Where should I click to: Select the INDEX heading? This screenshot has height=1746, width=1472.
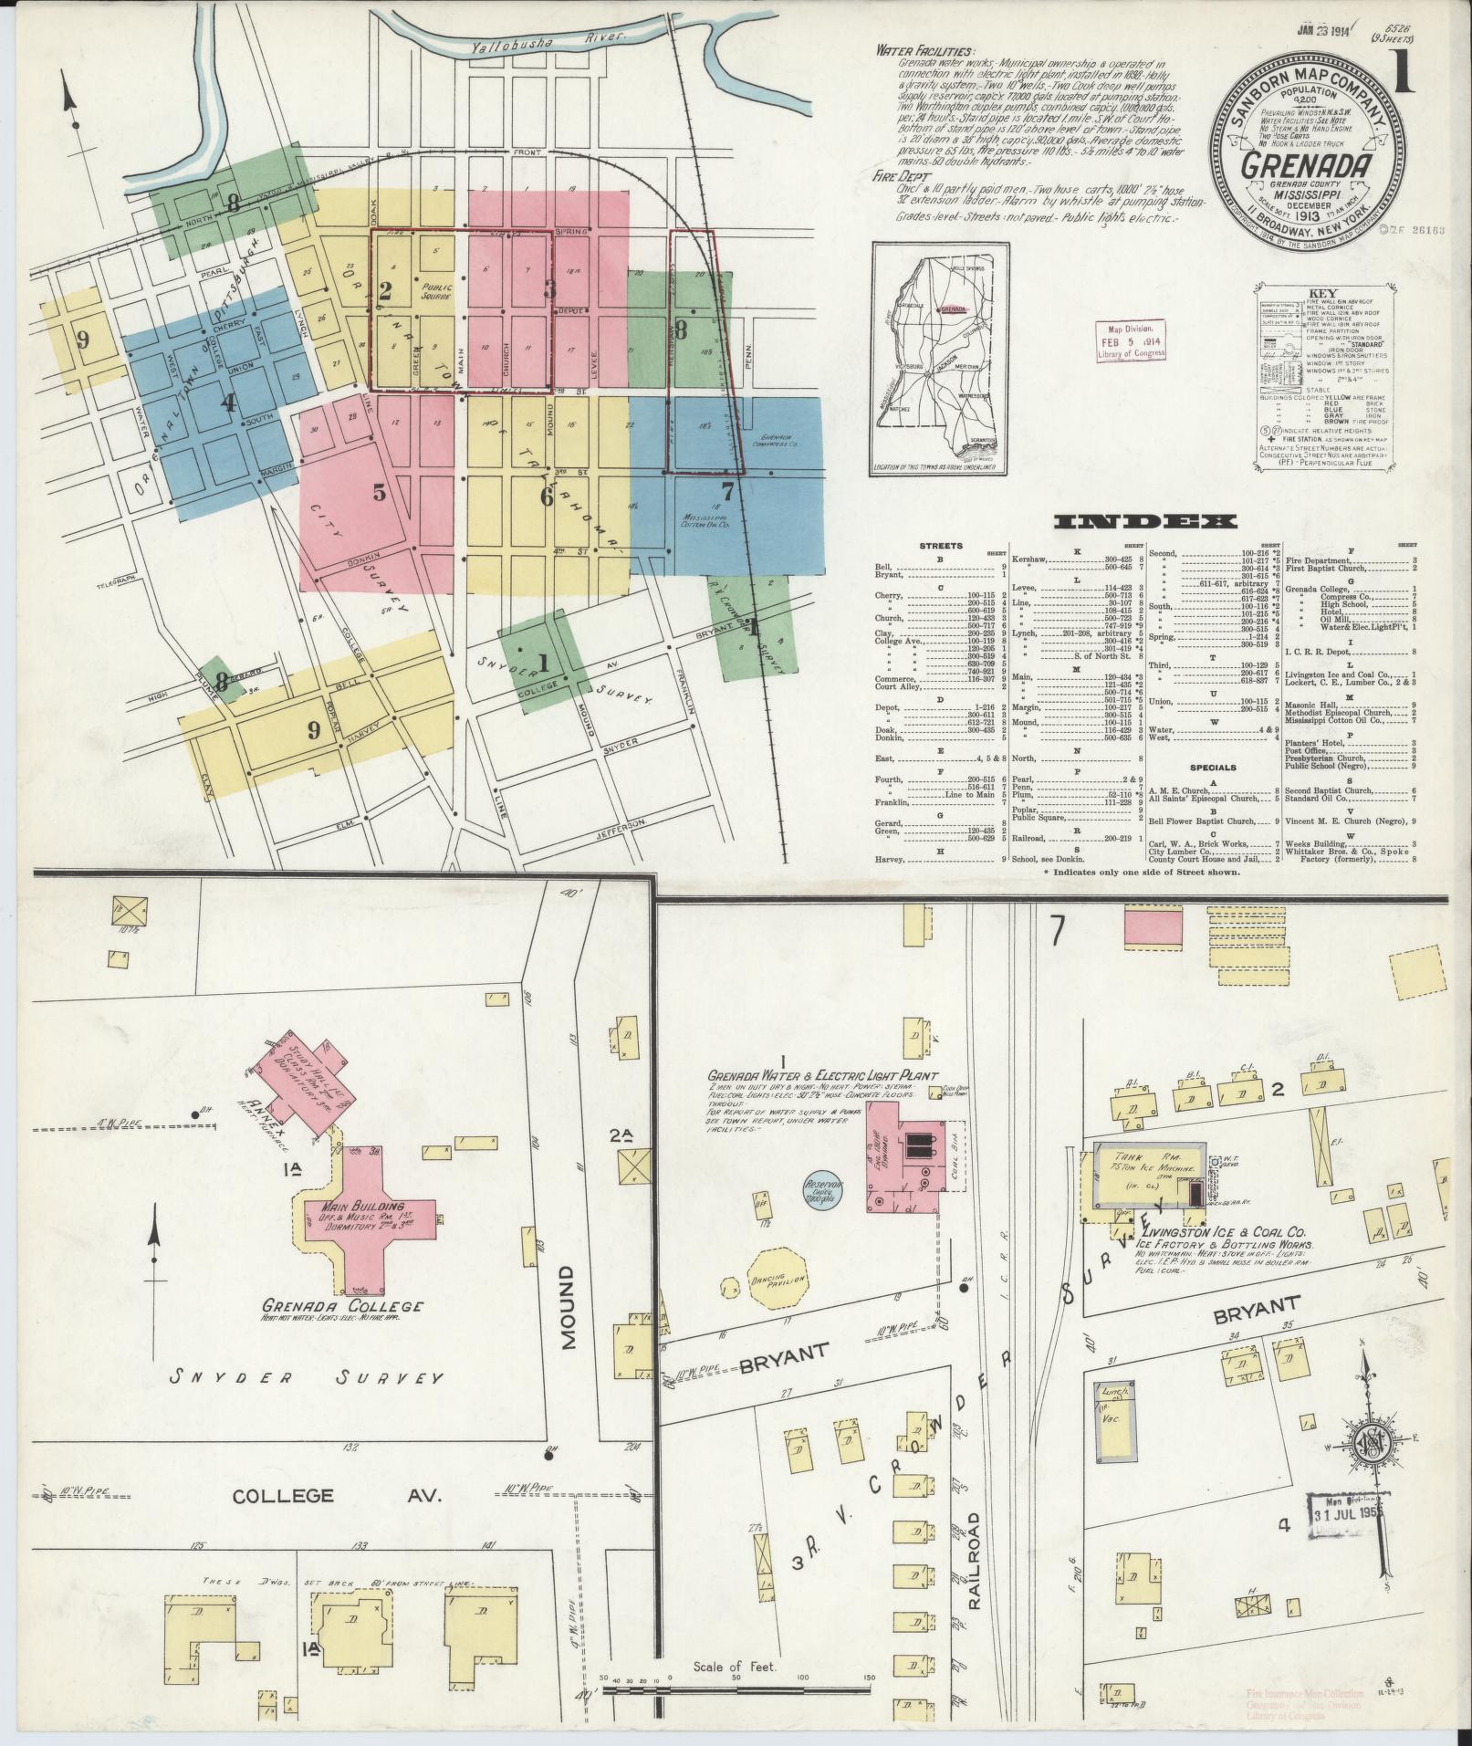(x=1145, y=522)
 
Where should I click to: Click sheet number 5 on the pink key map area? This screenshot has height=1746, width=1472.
(x=379, y=493)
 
